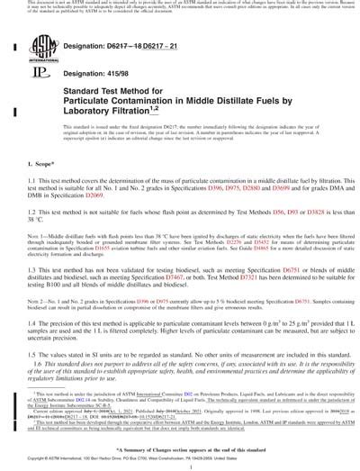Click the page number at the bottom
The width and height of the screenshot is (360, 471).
180,458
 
